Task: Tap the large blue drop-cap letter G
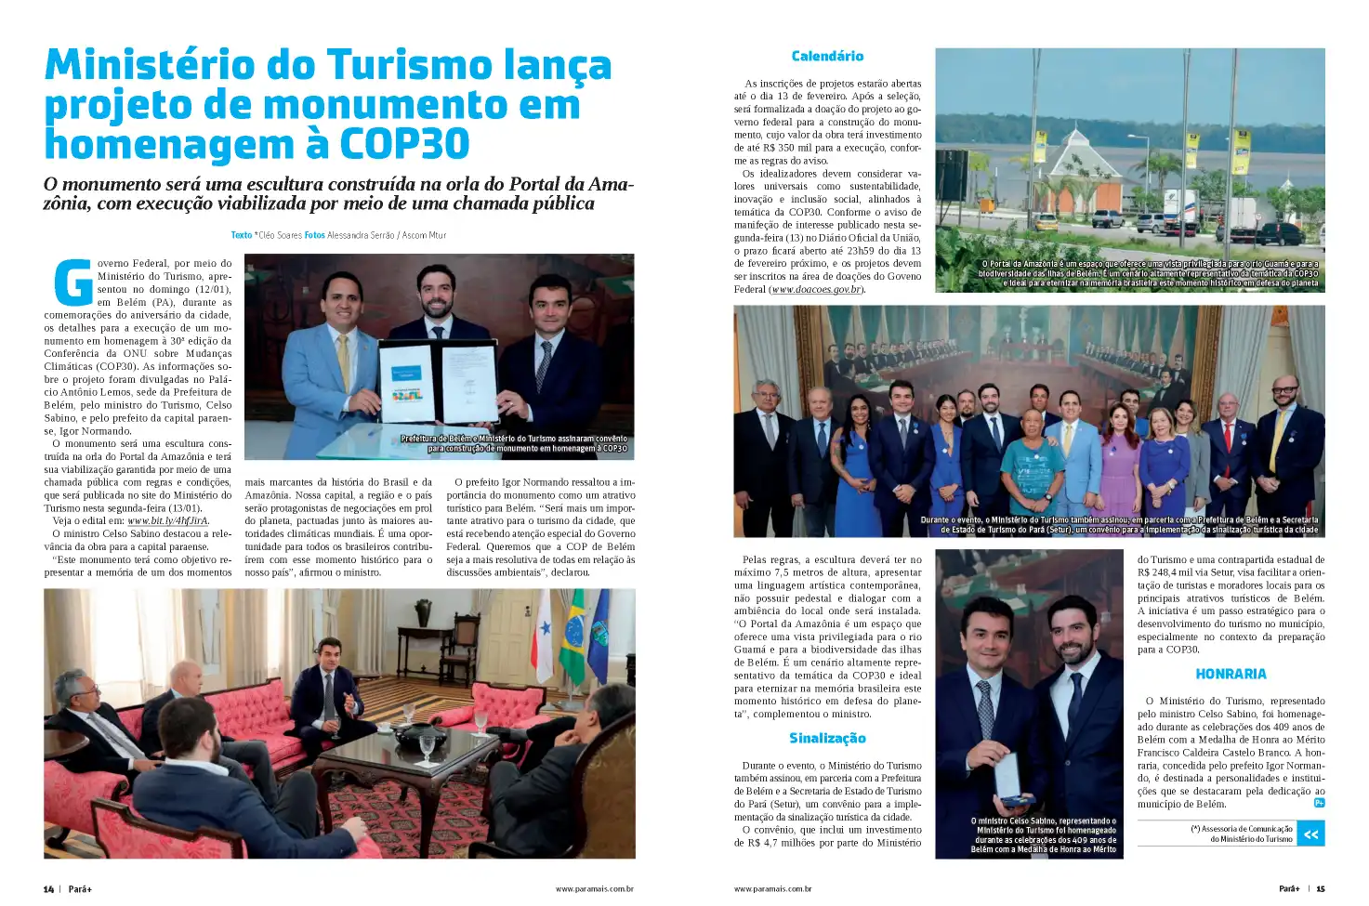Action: pyautogui.click(x=73, y=282)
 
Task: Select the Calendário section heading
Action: pyautogui.click(x=827, y=57)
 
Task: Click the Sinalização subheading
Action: pyautogui.click(x=827, y=739)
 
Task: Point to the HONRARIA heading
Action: pyautogui.click(x=1231, y=675)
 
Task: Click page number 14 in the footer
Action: pyautogui.click(x=48, y=889)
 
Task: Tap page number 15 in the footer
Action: pyautogui.click(x=1320, y=889)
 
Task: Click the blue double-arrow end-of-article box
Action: pyautogui.click(x=1310, y=834)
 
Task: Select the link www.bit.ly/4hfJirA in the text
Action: pyautogui.click(x=168, y=521)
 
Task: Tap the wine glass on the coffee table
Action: pyautogui.click(x=427, y=746)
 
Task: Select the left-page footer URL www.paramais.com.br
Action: pyautogui.click(x=594, y=889)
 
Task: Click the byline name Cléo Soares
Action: pyautogui.click(x=279, y=235)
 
